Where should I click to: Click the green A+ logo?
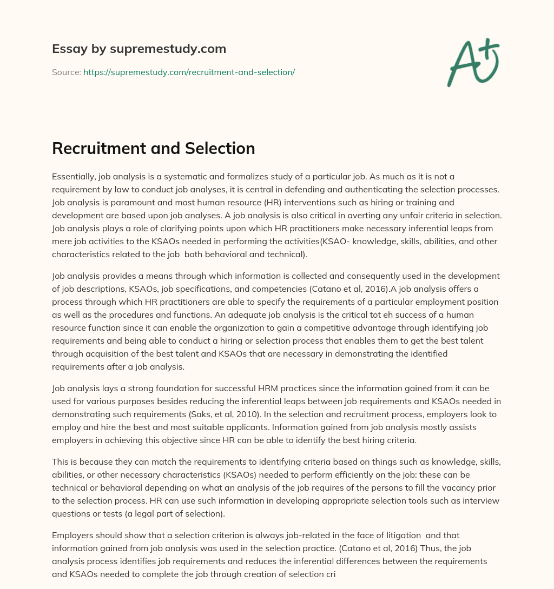473,62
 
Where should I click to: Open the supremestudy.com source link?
189,72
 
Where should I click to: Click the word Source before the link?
66,72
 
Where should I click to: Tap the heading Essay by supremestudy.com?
138,49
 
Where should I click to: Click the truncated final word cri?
330,574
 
